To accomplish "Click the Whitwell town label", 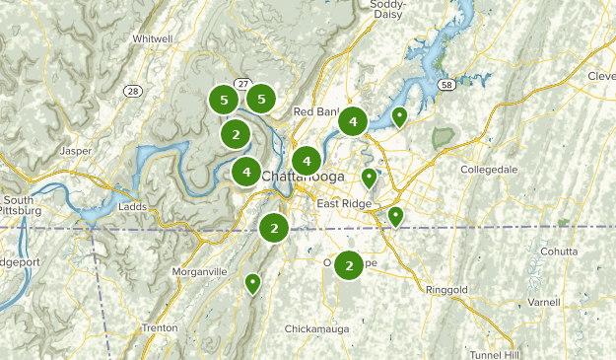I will tap(151, 38).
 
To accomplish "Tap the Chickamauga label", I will tap(316, 327).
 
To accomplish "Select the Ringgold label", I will tap(445, 289).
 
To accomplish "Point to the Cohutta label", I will tap(558, 252).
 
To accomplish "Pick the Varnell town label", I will tap(543, 301).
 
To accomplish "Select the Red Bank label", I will tap(315, 110).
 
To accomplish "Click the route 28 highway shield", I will tap(133, 91).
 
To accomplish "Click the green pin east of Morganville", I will tap(252, 283).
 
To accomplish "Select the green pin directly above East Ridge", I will tap(369, 178).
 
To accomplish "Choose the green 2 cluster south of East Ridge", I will tap(349, 265).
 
